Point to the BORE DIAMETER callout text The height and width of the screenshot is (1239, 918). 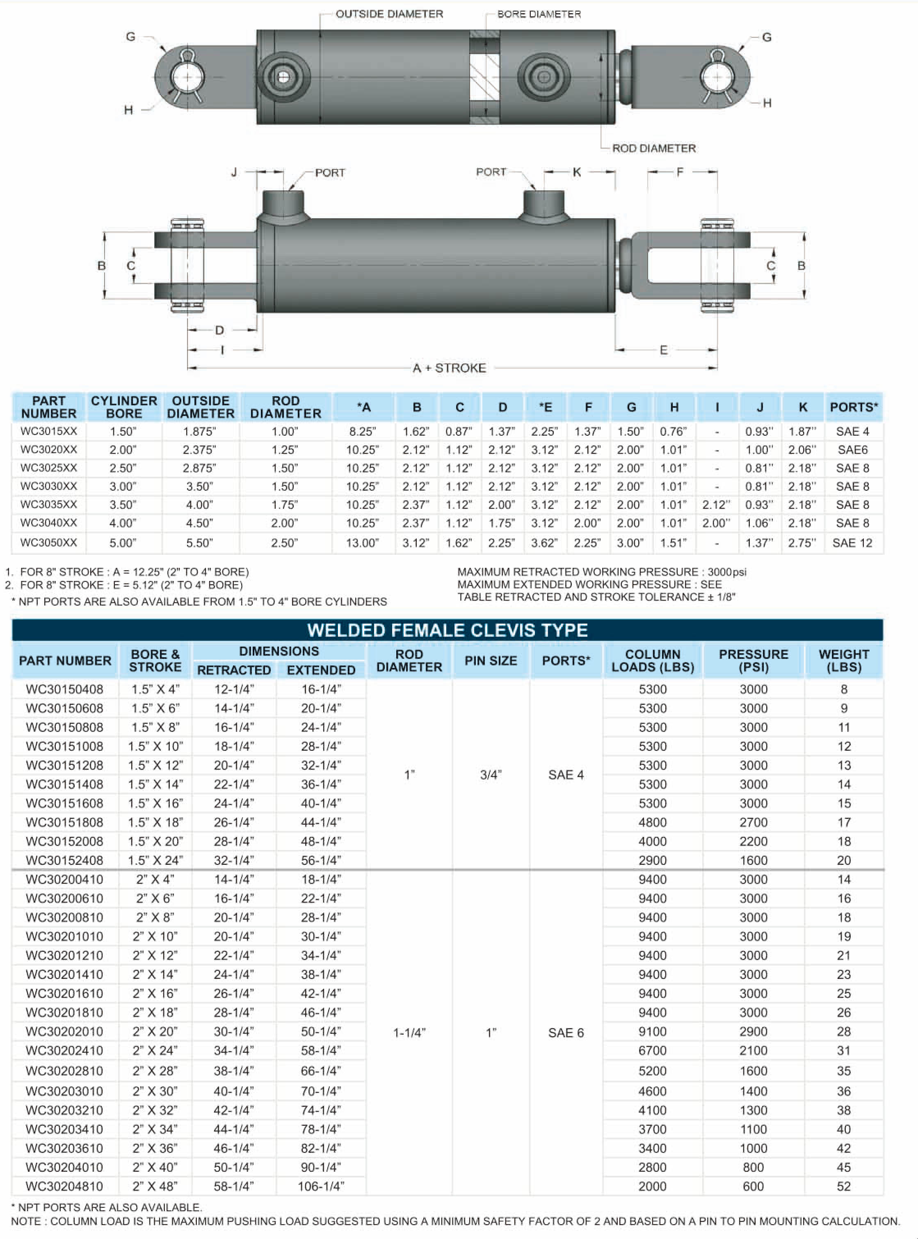(x=539, y=14)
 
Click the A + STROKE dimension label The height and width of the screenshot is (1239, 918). (x=449, y=368)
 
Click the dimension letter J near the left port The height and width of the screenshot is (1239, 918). (x=234, y=172)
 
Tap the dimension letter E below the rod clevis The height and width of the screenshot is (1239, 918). (x=664, y=350)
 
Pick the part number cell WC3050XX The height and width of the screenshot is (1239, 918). (x=49, y=542)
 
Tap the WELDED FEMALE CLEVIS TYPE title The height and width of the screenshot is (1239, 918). (x=448, y=630)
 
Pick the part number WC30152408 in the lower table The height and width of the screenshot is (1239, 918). (x=64, y=860)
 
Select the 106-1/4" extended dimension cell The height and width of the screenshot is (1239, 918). (x=321, y=1186)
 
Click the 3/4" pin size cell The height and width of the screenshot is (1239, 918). (x=491, y=775)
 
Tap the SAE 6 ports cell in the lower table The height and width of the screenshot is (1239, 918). (x=566, y=1033)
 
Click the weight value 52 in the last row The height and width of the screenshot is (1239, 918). (x=843, y=1186)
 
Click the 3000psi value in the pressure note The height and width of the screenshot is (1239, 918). (x=727, y=572)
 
